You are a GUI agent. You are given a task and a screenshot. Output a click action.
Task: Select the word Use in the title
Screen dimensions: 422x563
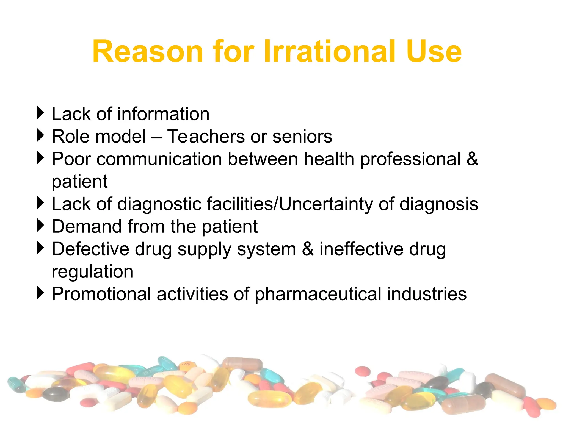click(434, 51)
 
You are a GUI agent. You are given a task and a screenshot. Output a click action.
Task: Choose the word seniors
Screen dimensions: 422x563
click(302, 136)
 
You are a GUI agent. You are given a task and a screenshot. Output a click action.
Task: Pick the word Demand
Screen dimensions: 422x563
click(87, 226)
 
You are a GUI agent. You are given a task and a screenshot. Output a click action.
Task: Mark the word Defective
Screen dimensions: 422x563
click(90, 249)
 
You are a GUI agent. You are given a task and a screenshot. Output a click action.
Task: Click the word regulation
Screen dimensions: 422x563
click(92, 272)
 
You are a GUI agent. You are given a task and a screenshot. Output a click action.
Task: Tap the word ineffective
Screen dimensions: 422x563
click(361, 249)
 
